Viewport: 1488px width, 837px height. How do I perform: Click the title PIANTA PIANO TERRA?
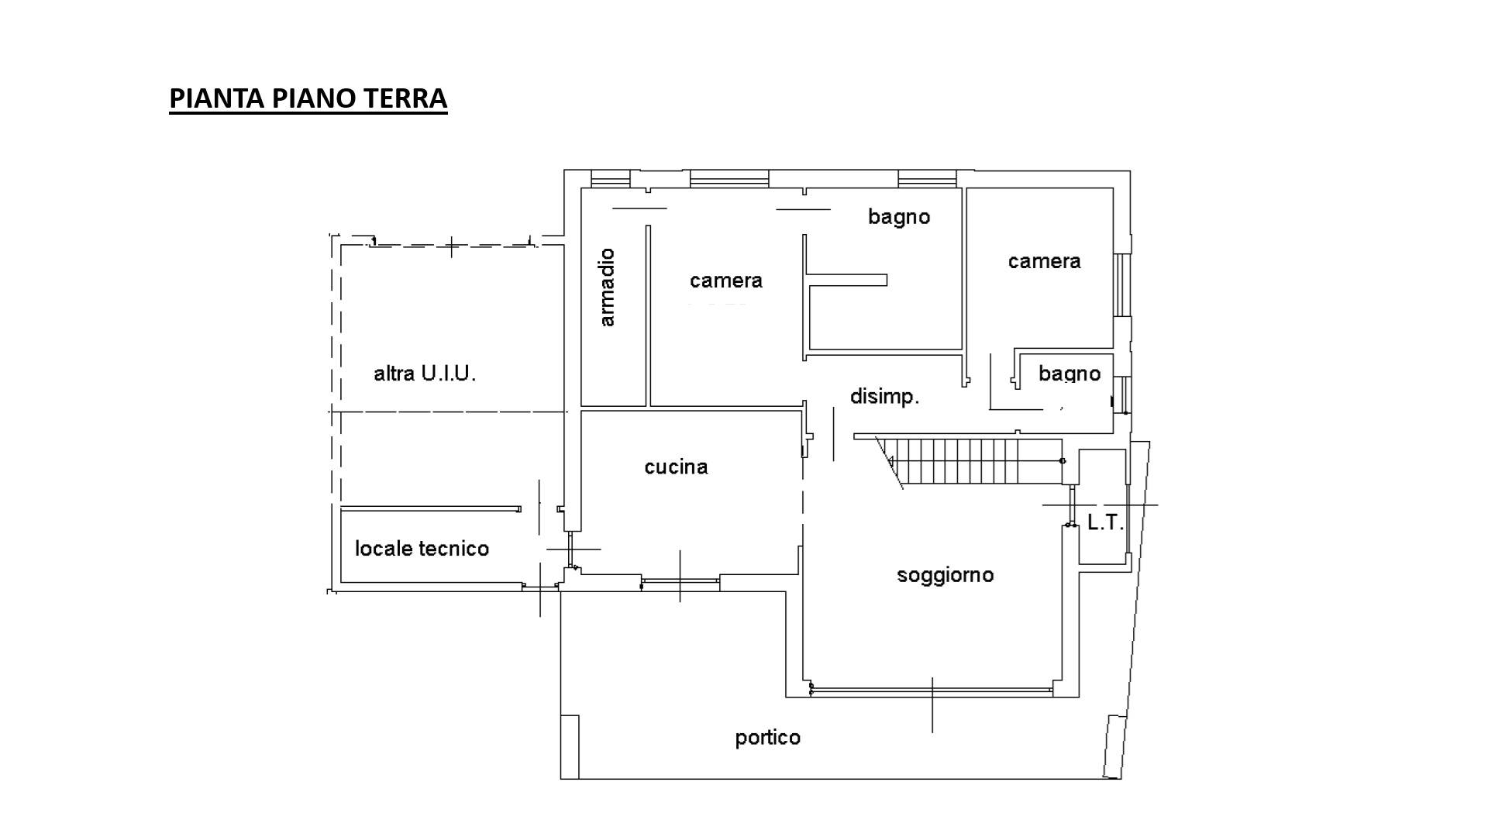308,98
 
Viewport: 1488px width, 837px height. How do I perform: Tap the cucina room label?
676,467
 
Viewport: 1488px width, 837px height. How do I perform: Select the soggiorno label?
945,576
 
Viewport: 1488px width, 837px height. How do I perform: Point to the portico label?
767,738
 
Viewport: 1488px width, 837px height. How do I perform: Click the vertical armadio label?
607,288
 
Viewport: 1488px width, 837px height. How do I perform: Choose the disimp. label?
884,397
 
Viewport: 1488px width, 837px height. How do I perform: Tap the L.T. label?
1105,523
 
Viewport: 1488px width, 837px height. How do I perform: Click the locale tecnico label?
422,549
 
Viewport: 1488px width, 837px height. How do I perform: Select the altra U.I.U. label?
425,374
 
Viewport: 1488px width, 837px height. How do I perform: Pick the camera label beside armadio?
726,281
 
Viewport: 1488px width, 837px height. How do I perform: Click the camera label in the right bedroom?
1044,261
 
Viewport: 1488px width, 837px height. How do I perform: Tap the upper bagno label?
899,217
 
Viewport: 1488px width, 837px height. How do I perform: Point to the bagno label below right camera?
1069,374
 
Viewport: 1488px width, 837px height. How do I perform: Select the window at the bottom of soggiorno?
932,689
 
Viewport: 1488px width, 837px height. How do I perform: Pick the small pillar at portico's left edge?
570,746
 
